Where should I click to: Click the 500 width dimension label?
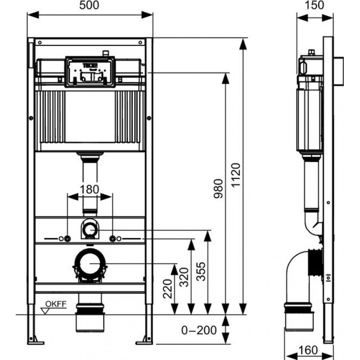pyautogui.click(x=89, y=5)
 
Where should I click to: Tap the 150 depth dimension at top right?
pyautogui.click(x=314, y=5)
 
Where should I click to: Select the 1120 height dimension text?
pyautogui.click(x=236, y=175)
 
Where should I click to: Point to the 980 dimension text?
pyautogui.click(x=218, y=189)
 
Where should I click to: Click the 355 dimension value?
pyautogui.click(x=201, y=271)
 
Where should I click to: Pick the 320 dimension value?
pyautogui.click(x=184, y=277)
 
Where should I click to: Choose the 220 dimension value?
pyautogui.click(x=167, y=288)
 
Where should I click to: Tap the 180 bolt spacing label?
pyautogui.click(x=89, y=189)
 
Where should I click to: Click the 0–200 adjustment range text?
pyautogui.click(x=199, y=330)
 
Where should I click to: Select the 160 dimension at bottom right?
pyautogui.click(x=308, y=350)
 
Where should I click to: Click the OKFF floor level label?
pyautogui.click(x=56, y=304)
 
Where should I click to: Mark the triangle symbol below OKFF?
pyautogui.click(x=45, y=311)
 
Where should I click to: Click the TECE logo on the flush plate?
pyautogui.click(x=90, y=66)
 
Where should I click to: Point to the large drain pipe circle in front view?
pyautogui.click(x=90, y=264)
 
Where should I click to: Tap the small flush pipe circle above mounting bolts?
pyautogui.click(x=90, y=229)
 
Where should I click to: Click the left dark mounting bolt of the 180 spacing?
pyautogui.click(x=67, y=239)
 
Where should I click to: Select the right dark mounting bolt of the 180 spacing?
pyautogui.click(x=112, y=239)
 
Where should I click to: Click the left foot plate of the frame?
pyautogui.click(x=36, y=343)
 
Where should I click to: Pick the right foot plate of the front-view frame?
pyautogui.click(x=144, y=343)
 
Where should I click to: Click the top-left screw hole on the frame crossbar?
pyautogui.click(x=40, y=42)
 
